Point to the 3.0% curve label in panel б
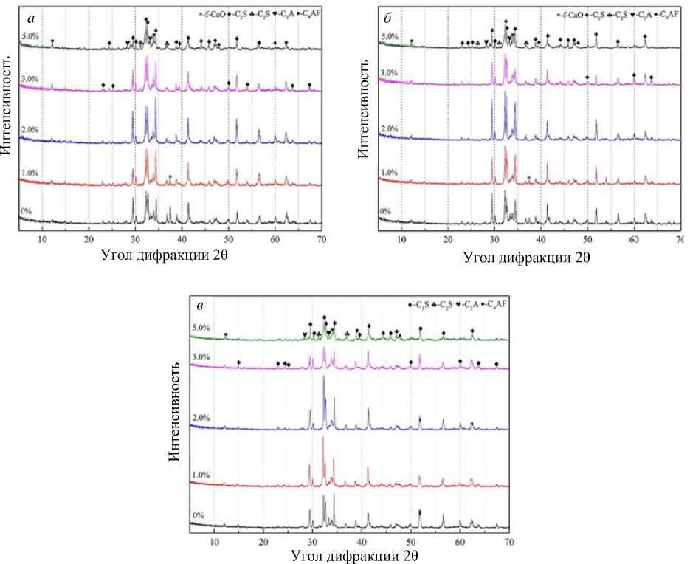(x=389, y=74)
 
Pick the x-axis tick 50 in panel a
(x=229, y=241)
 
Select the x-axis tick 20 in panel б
(x=447, y=240)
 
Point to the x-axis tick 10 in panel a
(x=42, y=241)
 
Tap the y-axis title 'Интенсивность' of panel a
(x=7, y=119)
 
